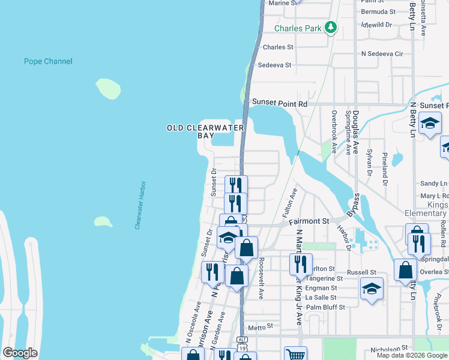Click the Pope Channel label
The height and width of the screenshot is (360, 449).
(48, 61)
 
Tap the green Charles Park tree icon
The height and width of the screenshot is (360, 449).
(330, 27)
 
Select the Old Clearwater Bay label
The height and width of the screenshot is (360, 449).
(205, 131)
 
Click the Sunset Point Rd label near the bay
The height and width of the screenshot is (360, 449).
(279, 104)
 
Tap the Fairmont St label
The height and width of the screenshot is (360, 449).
(309, 221)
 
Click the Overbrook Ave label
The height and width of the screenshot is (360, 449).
(334, 131)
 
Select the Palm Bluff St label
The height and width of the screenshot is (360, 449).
(325, 307)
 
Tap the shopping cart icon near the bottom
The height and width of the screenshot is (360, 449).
(295, 354)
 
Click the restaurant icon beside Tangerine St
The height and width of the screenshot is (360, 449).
(301, 264)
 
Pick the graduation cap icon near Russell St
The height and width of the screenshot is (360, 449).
(372, 289)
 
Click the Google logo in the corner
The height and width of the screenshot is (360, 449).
(20, 353)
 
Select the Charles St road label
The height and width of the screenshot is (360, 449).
(278, 47)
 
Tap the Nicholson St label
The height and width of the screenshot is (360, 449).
(390, 347)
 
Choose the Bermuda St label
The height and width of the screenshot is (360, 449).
(378, 11)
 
